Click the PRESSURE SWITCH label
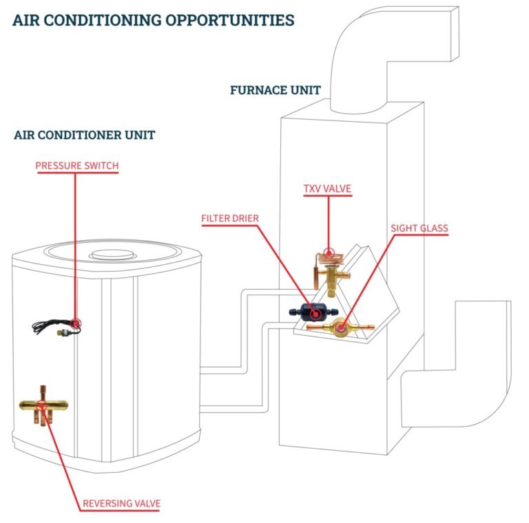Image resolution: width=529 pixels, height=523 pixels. tap(77, 166)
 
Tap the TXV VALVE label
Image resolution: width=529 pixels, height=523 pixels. tap(327, 189)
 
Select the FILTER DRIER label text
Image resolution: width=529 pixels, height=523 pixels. tap(230, 218)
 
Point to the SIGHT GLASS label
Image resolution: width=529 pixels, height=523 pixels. tap(419, 228)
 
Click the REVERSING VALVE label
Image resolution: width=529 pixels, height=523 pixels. tap(121, 504)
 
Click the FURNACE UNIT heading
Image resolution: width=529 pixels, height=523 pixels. tap(276, 90)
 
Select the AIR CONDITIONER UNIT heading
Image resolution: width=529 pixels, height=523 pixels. tap(84, 135)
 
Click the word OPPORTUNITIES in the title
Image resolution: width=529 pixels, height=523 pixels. tap(230, 20)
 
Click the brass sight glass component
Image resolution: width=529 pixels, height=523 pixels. tap(341, 327)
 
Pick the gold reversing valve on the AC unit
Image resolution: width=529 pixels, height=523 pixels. tap(43, 406)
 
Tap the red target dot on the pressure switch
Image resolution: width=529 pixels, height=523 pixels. tap(76, 323)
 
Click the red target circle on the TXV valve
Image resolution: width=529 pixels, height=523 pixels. tap(329, 253)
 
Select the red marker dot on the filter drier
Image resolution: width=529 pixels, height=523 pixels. tap(315, 314)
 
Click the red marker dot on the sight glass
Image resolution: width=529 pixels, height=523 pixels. tap(341, 327)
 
